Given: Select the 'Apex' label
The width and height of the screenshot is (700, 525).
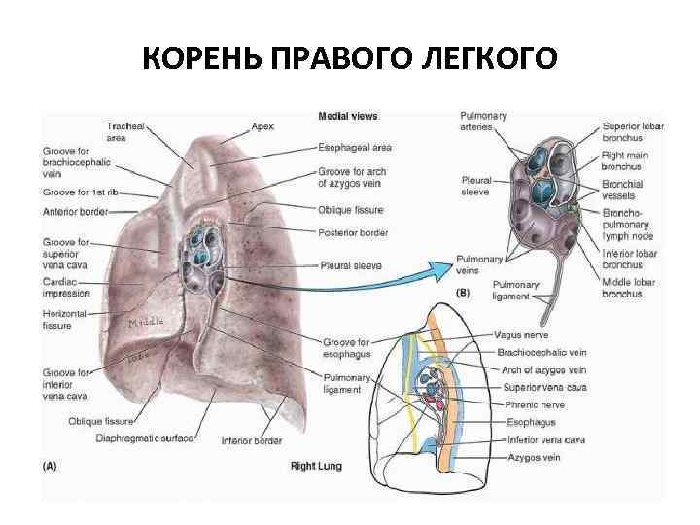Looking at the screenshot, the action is point(262,126).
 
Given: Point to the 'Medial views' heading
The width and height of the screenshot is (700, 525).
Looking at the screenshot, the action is point(348,117).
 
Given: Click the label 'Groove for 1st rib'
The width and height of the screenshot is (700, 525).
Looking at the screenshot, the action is point(80,192).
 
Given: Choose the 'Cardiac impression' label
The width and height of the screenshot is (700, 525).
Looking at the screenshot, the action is point(66,287).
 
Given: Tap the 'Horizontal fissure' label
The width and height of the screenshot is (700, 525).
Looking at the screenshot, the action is point(65,319).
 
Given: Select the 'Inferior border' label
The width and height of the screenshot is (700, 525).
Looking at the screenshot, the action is point(252,440).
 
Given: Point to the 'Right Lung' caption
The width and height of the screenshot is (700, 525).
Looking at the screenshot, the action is point(316,466).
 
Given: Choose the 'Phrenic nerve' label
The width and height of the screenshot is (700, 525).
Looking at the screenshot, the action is point(536,404).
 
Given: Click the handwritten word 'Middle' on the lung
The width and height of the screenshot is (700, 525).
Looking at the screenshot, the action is point(144,322).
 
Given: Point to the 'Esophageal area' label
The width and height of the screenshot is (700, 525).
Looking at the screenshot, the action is point(354,148).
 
